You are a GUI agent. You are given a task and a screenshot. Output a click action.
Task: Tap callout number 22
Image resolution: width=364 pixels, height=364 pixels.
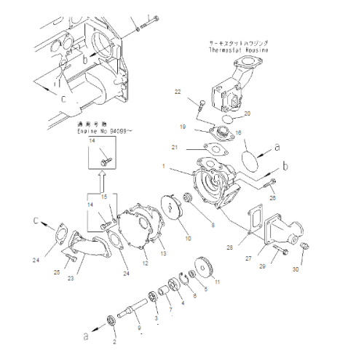[177, 91]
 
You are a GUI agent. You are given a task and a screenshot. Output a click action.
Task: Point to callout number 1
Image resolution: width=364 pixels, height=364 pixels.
[166, 167]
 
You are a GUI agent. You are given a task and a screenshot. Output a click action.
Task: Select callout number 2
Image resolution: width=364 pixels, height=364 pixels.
[114, 340]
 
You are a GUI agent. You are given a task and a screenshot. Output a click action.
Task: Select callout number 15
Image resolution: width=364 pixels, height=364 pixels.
[104, 197]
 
